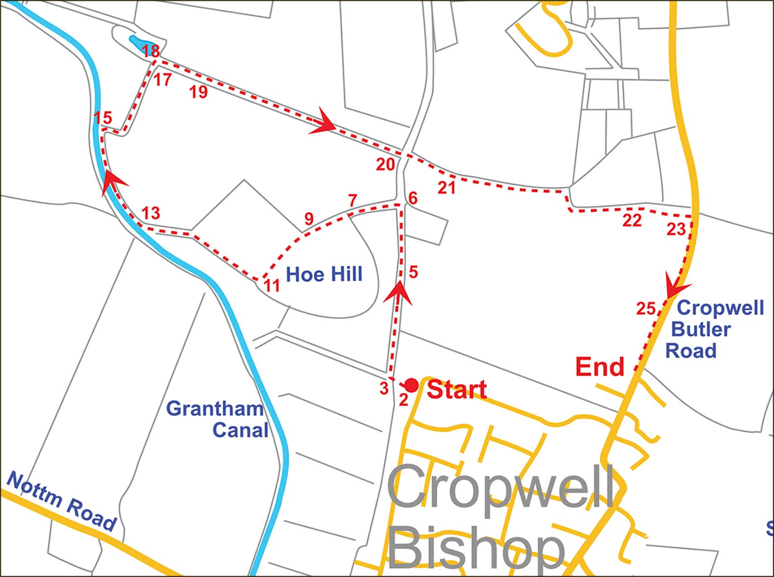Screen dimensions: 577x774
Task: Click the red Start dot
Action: tap(411, 385)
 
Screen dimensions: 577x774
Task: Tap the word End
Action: tap(600, 367)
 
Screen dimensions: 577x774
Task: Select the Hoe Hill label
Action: tap(324, 274)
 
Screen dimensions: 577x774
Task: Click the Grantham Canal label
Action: tap(217, 419)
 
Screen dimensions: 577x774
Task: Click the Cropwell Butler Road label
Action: tap(715, 329)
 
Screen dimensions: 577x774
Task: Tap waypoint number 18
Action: tap(151, 51)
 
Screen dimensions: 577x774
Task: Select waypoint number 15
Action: tap(103, 118)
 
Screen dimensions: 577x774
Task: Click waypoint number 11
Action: tap(272, 285)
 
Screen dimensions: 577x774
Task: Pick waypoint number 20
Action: tap(386, 165)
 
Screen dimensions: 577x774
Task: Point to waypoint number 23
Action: tap(676, 229)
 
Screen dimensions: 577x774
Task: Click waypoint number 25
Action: tap(646, 308)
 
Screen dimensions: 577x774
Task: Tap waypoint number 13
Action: tap(151, 213)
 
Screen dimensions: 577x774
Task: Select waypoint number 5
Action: tap(413, 272)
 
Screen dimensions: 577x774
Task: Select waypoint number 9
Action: tap(309, 219)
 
